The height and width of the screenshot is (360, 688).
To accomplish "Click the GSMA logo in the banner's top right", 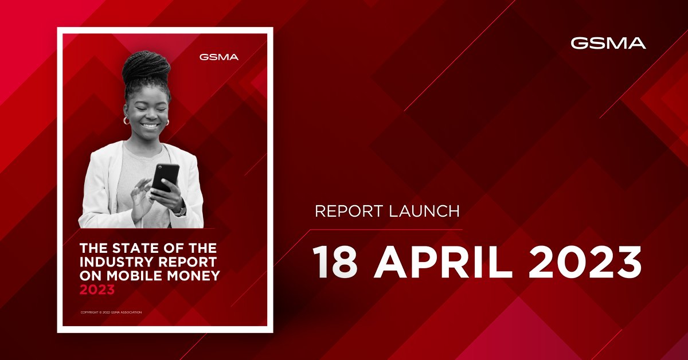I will click(608, 43).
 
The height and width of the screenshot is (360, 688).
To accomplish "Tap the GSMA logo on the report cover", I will click(219, 57).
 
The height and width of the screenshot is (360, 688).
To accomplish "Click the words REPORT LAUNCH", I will click(387, 211).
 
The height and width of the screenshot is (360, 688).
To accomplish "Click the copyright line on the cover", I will click(111, 312).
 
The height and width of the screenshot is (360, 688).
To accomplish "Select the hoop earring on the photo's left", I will click(126, 121).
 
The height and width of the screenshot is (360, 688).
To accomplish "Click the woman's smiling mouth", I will click(150, 125).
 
